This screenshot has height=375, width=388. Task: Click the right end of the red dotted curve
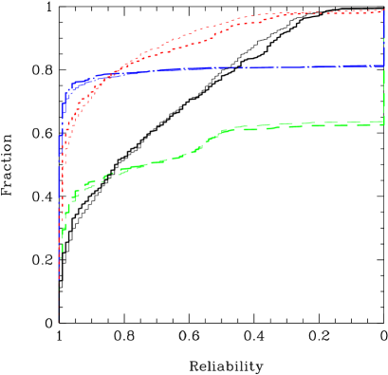382,10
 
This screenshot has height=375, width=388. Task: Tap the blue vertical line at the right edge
383,38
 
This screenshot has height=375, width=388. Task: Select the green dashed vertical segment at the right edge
383,95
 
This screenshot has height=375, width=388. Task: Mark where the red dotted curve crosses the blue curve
112,73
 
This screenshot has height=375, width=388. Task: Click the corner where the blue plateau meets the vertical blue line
382,66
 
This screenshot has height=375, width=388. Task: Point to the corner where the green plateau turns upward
382,122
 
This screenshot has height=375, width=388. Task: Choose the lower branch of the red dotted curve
190,44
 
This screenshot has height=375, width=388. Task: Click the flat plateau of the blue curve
237,68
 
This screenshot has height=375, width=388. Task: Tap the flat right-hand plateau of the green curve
304,125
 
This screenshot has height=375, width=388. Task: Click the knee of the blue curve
68,89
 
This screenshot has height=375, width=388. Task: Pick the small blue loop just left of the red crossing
75,85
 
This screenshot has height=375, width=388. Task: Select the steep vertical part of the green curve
62,237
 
